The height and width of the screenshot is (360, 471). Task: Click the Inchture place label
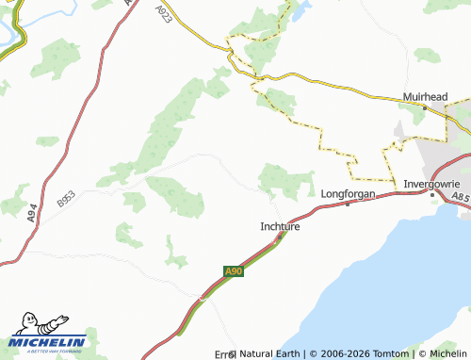(280, 226)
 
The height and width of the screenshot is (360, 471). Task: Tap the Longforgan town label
(349, 193)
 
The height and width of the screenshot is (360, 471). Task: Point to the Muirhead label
(425, 96)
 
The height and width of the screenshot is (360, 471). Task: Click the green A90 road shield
(234, 271)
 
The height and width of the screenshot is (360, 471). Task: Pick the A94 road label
(32, 215)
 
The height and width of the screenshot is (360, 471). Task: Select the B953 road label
(65, 198)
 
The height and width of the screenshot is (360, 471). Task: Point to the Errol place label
(224, 353)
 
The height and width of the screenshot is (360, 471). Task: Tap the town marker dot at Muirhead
(425, 107)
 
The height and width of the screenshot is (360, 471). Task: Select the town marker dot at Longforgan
(348, 204)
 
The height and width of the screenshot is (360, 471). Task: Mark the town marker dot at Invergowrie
(431, 193)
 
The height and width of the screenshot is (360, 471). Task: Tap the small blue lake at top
(300, 11)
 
